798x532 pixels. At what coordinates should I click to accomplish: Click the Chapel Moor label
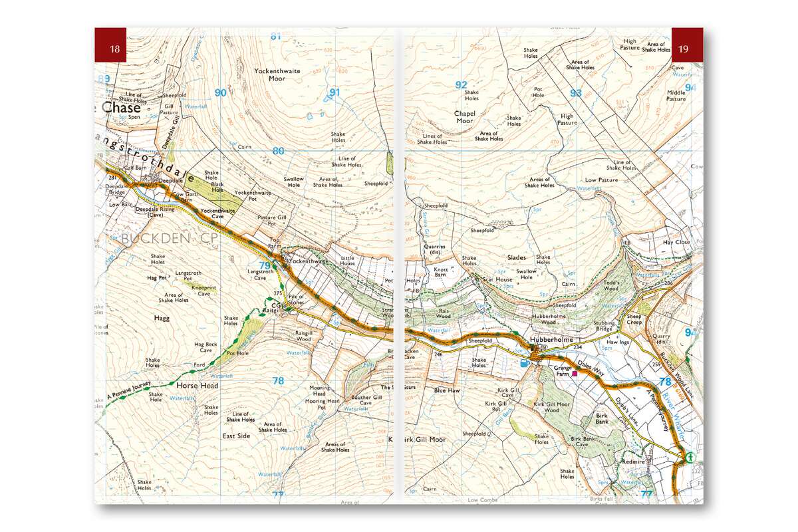click(x=464, y=117)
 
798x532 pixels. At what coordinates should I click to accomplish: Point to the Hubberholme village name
click(x=551, y=339)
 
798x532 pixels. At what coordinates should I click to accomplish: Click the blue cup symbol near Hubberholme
click(x=525, y=363)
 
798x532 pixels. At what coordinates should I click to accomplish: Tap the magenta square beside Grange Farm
click(x=575, y=373)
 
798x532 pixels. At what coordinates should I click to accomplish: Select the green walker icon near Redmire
click(x=690, y=457)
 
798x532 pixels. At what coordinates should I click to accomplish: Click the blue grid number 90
click(x=221, y=92)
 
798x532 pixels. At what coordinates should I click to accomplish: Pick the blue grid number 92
click(x=461, y=84)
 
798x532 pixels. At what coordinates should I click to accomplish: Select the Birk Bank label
click(x=601, y=418)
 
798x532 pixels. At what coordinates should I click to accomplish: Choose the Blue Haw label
click(x=446, y=390)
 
